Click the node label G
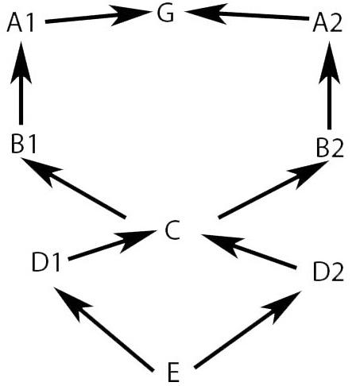click(165, 14)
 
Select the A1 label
click(21, 24)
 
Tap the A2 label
click(327, 24)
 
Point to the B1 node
click(23, 145)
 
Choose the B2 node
click(330, 149)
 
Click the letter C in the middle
click(172, 230)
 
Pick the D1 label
click(46, 262)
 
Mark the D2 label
click(328, 272)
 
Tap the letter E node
click(174, 372)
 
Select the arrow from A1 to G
click(97, 16)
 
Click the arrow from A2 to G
click(247, 14)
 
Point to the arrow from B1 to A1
click(21, 83)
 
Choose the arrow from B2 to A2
click(329, 85)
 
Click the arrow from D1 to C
click(112, 245)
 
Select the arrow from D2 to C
click(249, 251)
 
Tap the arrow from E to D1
click(103, 329)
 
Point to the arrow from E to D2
click(248, 330)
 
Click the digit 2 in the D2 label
click(337, 272)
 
